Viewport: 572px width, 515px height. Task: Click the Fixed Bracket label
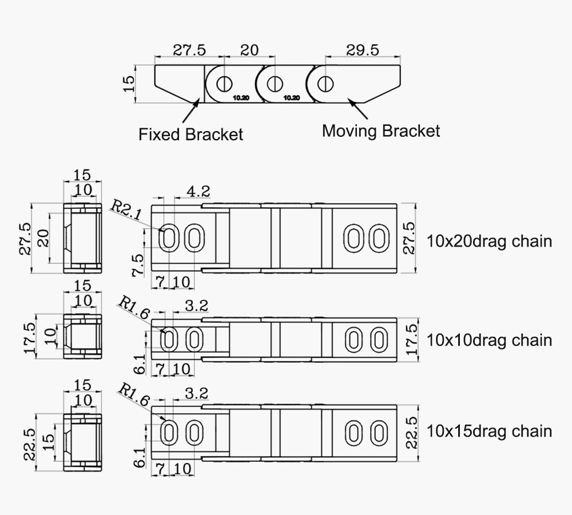pos(191,134)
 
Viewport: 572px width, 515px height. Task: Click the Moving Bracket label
pos(381,130)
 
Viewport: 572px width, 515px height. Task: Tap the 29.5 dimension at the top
pos(362,50)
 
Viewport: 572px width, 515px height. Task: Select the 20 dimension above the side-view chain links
pos(249,50)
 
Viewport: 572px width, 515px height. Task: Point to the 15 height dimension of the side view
pos(129,84)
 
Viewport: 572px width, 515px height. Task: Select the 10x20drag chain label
pos(490,241)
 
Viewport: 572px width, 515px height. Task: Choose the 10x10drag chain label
pos(490,340)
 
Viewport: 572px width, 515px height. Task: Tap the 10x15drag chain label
pos(490,430)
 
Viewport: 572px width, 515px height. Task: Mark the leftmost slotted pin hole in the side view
pos(224,84)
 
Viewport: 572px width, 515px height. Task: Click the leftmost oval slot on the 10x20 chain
pos(169,238)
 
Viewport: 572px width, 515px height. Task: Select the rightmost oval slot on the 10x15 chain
pos(377,433)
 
